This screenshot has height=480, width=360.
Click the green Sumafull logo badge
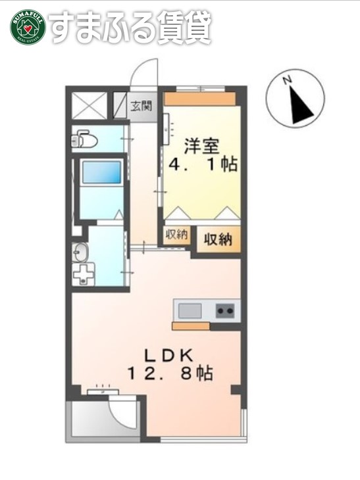26,26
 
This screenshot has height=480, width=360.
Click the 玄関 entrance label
140,105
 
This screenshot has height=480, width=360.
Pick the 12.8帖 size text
169,374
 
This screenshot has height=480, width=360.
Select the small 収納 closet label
176,235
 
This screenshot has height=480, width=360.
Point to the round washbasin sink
80,252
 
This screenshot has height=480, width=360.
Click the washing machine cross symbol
84,274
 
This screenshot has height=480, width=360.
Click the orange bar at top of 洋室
199,99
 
